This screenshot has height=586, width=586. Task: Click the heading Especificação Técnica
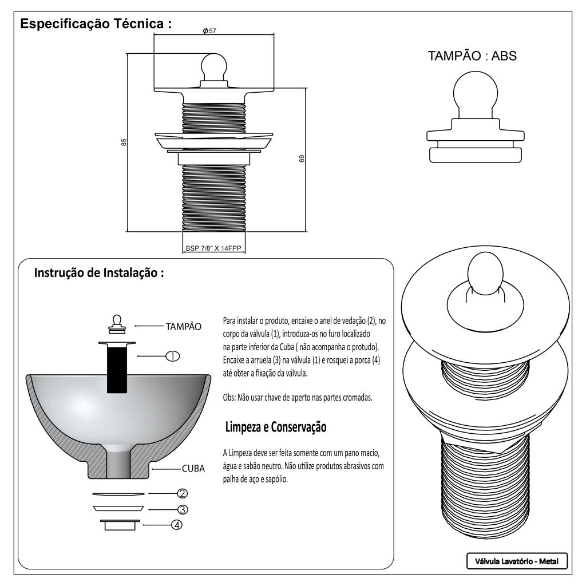coord(96,25)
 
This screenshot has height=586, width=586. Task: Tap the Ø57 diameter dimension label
coord(209,30)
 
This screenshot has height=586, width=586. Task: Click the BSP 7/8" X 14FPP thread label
coord(213,249)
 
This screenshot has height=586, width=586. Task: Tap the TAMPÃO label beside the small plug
coord(183,326)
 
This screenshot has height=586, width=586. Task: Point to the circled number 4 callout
coord(177,524)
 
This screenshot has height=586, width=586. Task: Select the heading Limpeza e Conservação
coord(276,427)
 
